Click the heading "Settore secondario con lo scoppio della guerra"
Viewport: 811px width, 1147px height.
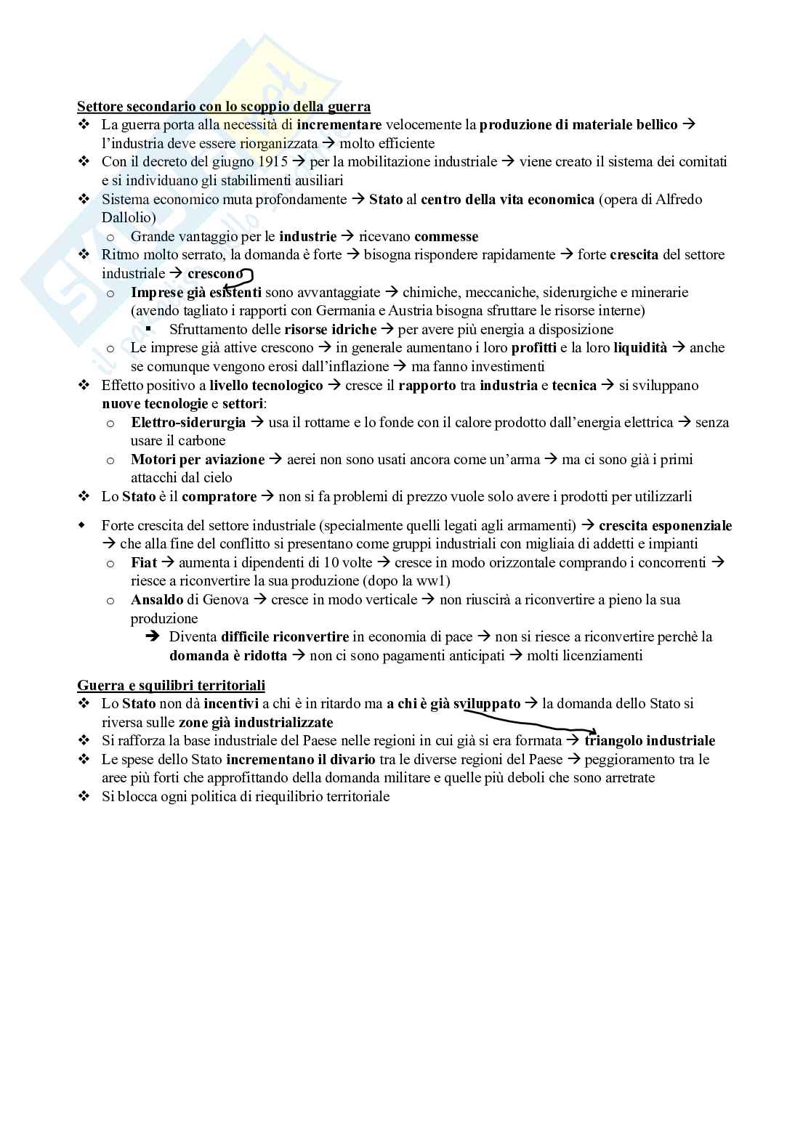[224, 107]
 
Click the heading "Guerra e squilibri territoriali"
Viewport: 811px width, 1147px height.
[171, 685]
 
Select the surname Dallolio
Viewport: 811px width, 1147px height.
[128, 217]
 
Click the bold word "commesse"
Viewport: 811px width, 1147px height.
[446, 237]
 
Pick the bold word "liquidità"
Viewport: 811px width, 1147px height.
[639, 348]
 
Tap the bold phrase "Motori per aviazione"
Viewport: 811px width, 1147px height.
[198, 459]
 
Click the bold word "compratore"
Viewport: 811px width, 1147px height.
[219, 497]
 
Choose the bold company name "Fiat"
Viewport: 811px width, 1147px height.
[144, 562]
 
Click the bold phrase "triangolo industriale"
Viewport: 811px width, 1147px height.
[650, 741]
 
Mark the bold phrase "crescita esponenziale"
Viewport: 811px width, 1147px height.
[665, 525]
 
